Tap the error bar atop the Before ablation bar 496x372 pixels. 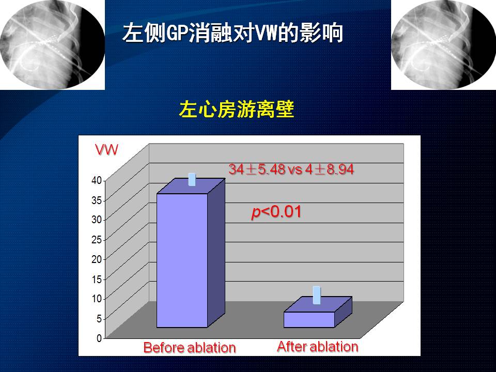pos(192,179)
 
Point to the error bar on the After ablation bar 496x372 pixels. pos(317,295)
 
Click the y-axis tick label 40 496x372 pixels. pos(97,180)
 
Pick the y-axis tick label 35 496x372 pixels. pos(97,200)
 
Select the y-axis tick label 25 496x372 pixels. pos(97,240)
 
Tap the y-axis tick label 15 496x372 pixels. pos(97,280)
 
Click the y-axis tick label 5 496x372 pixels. pos(99,319)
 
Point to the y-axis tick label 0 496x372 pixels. pos(99,338)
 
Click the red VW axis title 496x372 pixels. pos(106,149)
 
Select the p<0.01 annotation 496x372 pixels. pos(276,212)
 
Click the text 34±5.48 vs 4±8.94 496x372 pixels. pos(291,169)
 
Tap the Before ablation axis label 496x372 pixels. pos(190,347)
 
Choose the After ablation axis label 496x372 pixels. pos(318,347)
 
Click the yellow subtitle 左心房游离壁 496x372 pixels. pos(237,110)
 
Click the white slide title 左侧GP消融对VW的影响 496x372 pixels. pos(233,33)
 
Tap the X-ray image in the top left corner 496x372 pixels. pos(52,44)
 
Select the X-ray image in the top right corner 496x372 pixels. pos(443,44)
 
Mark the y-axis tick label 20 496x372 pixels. pos(97,259)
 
